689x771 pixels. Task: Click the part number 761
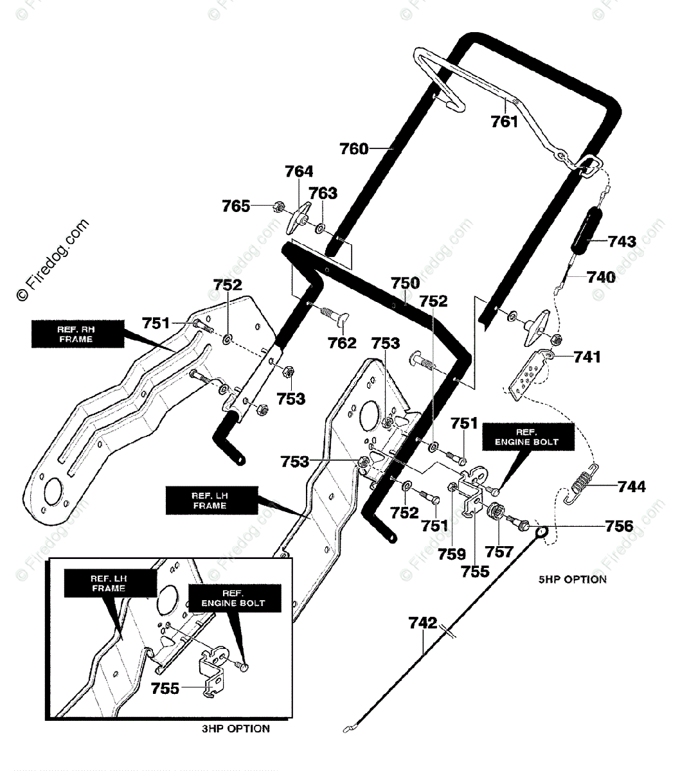505,122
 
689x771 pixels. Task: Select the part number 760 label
354,149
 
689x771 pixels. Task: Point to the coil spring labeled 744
582,484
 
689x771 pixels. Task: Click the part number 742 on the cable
423,623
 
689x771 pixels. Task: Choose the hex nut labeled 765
279,207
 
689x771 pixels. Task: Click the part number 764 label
299,172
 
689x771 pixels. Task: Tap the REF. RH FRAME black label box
78,334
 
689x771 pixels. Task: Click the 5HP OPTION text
572,580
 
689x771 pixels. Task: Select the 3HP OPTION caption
236,729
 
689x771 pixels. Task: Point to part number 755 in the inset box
165,688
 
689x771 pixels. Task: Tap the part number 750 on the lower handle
405,283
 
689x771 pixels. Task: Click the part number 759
452,554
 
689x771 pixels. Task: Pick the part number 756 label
619,526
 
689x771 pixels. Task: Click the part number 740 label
601,277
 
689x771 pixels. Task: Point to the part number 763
323,193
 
